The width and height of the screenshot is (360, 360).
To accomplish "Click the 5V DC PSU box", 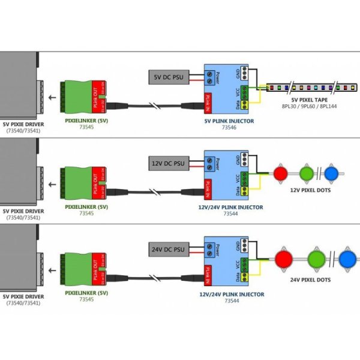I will pos(169,77).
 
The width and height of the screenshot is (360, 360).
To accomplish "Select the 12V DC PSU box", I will pos(169,163).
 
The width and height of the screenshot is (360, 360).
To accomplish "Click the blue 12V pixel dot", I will pos(331,173).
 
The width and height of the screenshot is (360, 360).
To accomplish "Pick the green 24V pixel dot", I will pos(316,259).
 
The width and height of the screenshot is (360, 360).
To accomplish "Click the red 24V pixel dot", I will pos(283,259).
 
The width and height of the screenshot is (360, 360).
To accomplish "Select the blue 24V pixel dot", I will pos(347,260).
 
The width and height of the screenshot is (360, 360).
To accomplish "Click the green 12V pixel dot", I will pos(307,173).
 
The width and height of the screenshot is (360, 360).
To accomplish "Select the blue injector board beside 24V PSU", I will pos(230,263).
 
